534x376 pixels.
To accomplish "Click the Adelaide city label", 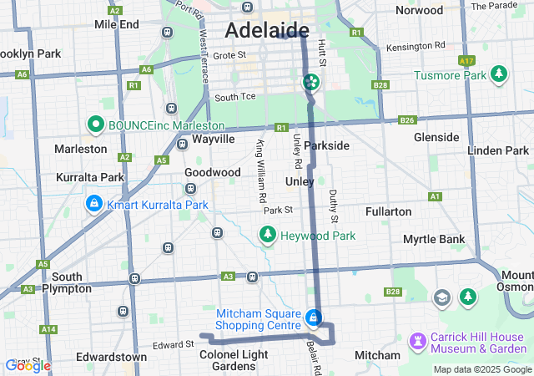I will coord(266,31).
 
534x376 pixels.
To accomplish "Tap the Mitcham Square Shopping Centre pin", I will coord(313,318).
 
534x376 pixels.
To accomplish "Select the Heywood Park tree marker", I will coord(268,236).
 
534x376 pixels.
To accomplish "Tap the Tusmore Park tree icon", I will coord(499,74).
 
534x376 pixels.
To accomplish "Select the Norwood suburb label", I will coord(419,11).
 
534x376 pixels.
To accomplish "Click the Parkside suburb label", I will coord(326,145).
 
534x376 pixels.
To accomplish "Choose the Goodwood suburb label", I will coord(213,172).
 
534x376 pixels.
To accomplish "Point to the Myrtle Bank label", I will coord(433,239).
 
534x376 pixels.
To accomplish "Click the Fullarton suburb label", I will coord(388,211).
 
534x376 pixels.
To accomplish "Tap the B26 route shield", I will coord(407,120).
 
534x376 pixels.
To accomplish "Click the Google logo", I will coord(28,365).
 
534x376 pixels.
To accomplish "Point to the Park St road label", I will coord(278,210).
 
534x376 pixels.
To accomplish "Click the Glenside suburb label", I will coord(436,137).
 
